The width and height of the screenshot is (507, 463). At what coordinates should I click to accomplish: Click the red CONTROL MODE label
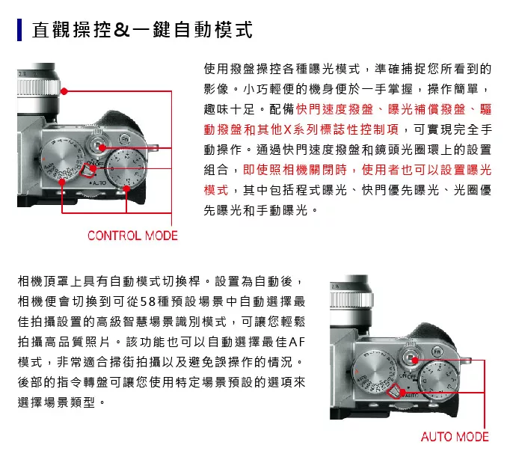[132, 236]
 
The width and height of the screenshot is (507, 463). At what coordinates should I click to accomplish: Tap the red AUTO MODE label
[455, 437]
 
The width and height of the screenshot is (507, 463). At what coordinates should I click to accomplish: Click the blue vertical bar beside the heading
[19, 30]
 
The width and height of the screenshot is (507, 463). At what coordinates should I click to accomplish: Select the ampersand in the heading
[122, 30]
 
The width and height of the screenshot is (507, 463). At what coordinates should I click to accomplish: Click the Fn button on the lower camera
[437, 352]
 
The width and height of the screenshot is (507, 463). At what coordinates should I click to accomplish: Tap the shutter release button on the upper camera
[98, 145]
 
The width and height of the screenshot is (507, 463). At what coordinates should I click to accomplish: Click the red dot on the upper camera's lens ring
[64, 91]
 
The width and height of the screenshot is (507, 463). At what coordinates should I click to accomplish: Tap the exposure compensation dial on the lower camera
[440, 381]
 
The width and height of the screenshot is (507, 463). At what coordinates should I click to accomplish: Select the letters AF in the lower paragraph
[297, 342]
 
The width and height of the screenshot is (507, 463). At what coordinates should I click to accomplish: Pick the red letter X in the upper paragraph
[287, 129]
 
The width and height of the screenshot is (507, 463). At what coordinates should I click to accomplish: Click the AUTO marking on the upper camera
[99, 183]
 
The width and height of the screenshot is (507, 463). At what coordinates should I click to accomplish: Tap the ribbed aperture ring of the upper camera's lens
[38, 88]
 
